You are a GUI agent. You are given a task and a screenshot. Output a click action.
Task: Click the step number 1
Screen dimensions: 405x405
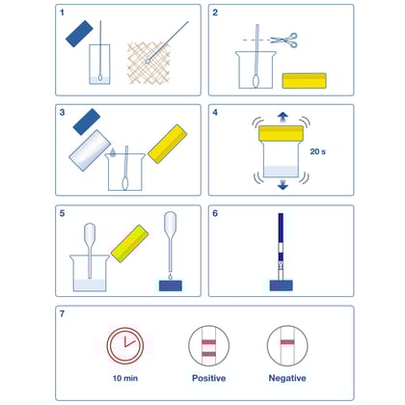64,15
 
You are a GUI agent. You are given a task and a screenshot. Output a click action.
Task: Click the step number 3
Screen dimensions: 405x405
64,114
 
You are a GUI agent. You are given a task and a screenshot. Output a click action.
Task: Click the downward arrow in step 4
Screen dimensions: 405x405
283,185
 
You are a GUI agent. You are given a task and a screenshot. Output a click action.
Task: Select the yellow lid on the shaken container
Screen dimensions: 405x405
283,131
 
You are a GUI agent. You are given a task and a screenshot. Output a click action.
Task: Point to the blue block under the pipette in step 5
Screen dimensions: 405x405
170,285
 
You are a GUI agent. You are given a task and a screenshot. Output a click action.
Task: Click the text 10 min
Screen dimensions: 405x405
123,379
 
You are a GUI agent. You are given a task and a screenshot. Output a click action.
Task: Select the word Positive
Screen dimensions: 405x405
207,379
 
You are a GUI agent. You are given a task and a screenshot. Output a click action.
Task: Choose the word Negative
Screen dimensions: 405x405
288,379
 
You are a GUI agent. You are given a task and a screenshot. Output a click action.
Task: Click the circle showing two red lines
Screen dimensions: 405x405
206,342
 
